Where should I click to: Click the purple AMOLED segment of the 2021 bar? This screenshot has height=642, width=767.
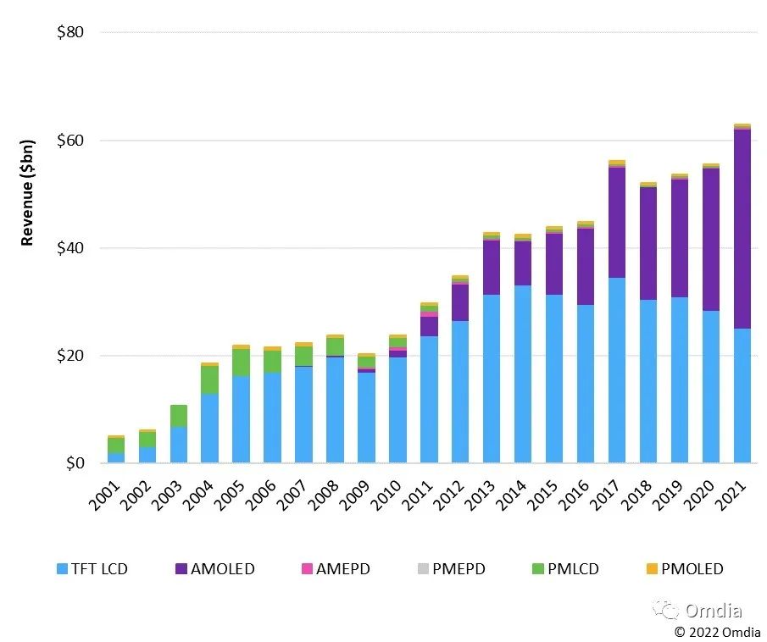pos(742,229)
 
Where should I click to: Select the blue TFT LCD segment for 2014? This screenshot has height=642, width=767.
pos(523,374)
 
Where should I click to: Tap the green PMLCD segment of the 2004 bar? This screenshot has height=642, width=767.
pos(209,379)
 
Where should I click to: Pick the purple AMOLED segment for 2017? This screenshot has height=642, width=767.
pos(617,222)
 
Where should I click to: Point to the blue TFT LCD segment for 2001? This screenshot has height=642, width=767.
pos(116,457)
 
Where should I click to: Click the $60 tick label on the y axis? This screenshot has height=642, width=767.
pos(70,141)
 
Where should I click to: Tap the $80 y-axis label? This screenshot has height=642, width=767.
pos(70,33)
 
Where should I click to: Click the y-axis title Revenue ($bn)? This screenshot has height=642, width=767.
pos(27,192)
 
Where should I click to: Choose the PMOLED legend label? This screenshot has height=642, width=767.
pos(692,568)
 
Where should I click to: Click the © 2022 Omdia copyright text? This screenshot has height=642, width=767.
pos(717,631)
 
